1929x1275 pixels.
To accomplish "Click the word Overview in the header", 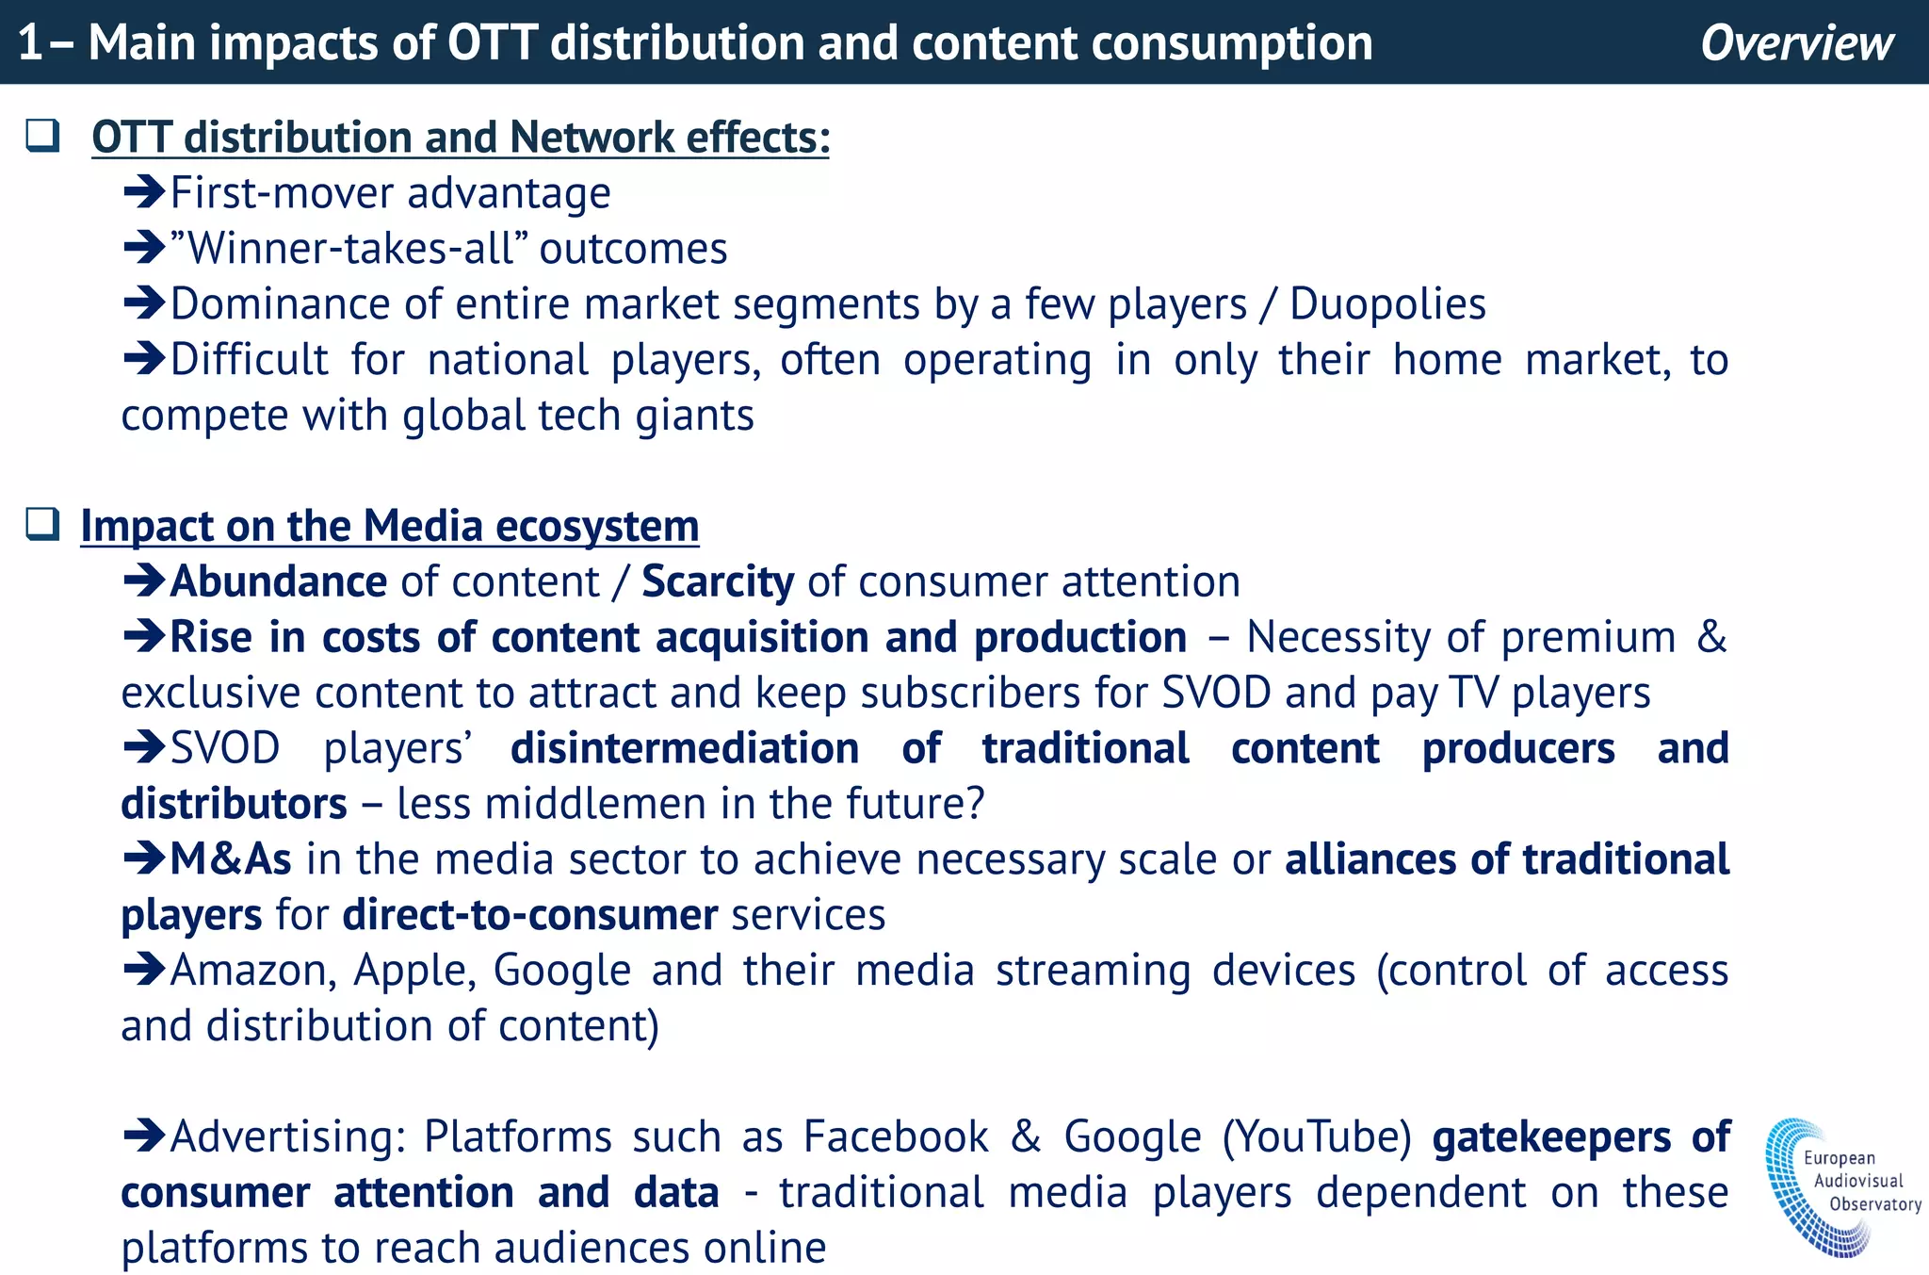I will pyautogui.click(x=1796, y=43).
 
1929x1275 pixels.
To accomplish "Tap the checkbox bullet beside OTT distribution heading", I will pyautogui.click(x=42, y=136).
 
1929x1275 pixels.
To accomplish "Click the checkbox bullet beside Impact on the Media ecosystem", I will pyautogui.click(x=42, y=524).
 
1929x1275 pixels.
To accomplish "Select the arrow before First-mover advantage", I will pyautogui.click(x=144, y=192).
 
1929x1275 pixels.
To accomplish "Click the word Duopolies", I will pyautogui.click(x=1387, y=304).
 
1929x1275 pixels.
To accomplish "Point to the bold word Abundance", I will pyautogui.click(x=278, y=581).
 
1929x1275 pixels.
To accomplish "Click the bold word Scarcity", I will pyautogui.click(x=718, y=581).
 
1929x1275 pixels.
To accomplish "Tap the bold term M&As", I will pyautogui.click(x=231, y=859).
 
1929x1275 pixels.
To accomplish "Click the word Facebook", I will pyautogui.click(x=896, y=1136).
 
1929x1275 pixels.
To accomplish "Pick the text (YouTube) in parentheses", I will pyautogui.click(x=1317, y=1136).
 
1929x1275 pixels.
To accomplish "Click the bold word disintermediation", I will pyautogui.click(x=685, y=748).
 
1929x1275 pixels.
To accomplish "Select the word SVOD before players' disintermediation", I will pyautogui.click(x=225, y=748).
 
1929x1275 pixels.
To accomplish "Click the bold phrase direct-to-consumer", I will pyautogui.click(x=529, y=915).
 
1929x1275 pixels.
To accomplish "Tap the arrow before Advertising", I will pyautogui.click(x=144, y=1136).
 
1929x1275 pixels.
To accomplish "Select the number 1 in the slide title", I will pyautogui.click(x=29, y=43).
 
